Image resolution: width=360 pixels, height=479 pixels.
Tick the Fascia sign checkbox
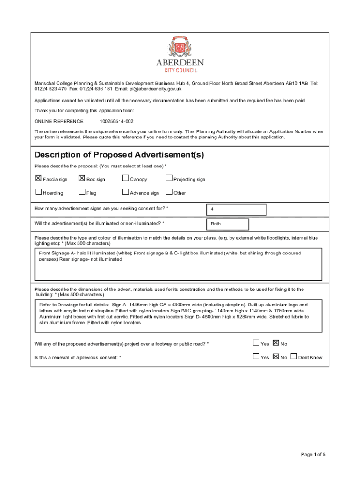pyautogui.click(x=38, y=178)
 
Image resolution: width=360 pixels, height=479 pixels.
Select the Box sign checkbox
pyautogui.click(x=82, y=178)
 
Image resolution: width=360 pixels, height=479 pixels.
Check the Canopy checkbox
pyautogui.click(x=125, y=178)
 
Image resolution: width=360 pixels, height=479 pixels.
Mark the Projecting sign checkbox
pyautogui.click(x=169, y=178)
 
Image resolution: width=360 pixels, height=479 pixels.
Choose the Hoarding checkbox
pyautogui.click(x=38, y=191)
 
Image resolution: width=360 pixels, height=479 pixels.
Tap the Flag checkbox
pyautogui.click(x=82, y=191)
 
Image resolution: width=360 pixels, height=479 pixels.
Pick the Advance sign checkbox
pyautogui.click(x=125, y=191)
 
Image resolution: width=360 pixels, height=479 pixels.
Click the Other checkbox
pyautogui.click(x=169, y=191)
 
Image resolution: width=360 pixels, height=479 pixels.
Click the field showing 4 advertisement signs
pyautogui.click(x=236, y=210)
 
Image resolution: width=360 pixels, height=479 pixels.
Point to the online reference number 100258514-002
pyautogui.click(x=113, y=121)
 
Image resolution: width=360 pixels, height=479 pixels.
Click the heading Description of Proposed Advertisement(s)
pyautogui.click(x=119, y=155)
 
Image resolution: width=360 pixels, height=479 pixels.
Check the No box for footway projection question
pyautogui.click(x=275, y=343)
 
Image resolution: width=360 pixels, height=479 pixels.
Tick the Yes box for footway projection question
pyautogui.click(x=256, y=343)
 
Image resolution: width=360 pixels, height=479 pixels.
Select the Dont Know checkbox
pyautogui.click(x=293, y=356)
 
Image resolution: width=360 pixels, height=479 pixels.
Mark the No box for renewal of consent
pyautogui.click(x=275, y=356)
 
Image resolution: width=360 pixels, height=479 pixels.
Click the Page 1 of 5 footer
pyautogui.click(x=313, y=454)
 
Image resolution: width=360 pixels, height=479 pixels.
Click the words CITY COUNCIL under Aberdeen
pyautogui.click(x=180, y=70)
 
